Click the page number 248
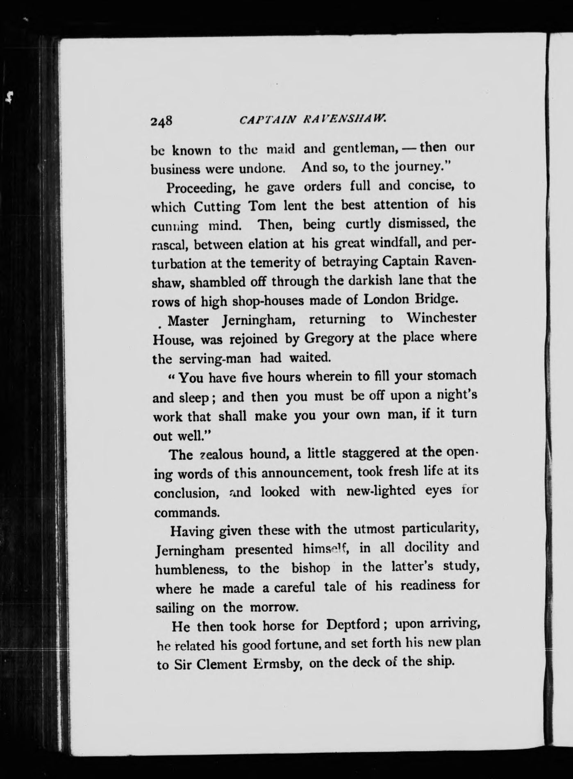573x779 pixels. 163,121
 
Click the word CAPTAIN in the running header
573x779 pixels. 267,120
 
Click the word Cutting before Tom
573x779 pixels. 217,207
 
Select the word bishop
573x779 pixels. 311,568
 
